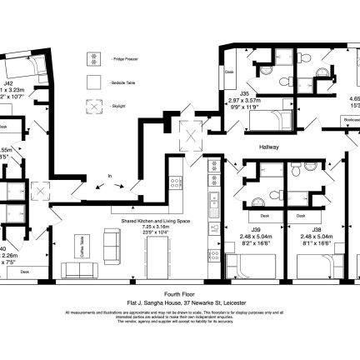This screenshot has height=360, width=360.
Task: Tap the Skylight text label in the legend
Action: tap(117, 106)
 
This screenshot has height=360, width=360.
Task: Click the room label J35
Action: tap(244, 93)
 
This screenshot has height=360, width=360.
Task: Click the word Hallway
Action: tap(268, 147)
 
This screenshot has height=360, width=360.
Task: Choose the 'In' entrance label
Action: tap(109, 176)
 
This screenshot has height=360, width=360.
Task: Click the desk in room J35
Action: tap(230, 72)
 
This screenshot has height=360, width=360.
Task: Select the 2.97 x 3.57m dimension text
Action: tap(245, 100)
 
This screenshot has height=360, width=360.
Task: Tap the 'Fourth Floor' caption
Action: tap(178, 294)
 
